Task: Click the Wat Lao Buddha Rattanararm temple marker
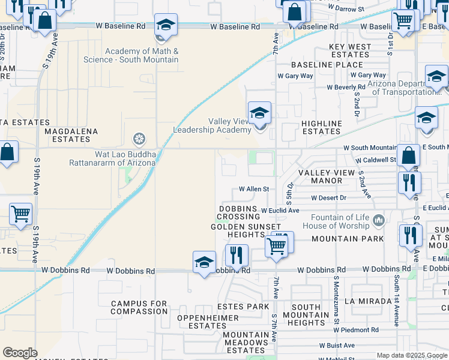pyautogui.click(x=139, y=140)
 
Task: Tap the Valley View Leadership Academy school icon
pyautogui.click(x=259, y=113)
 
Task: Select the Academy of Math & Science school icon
pyautogui.click(x=166, y=25)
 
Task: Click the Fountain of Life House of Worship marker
pyautogui.click(x=378, y=221)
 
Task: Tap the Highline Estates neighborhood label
pyautogui.click(x=321, y=127)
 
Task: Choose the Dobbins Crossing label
pyautogui.click(x=238, y=212)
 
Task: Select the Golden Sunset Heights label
pyautogui.click(x=246, y=231)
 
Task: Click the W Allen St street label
pyautogui.click(x=254, y=189)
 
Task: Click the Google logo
pyautogui.click(x=20, y=353)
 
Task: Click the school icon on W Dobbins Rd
pyautogui.click(x=204, y=262)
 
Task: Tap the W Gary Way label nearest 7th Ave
pyautogui.click(x=295, y=76)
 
